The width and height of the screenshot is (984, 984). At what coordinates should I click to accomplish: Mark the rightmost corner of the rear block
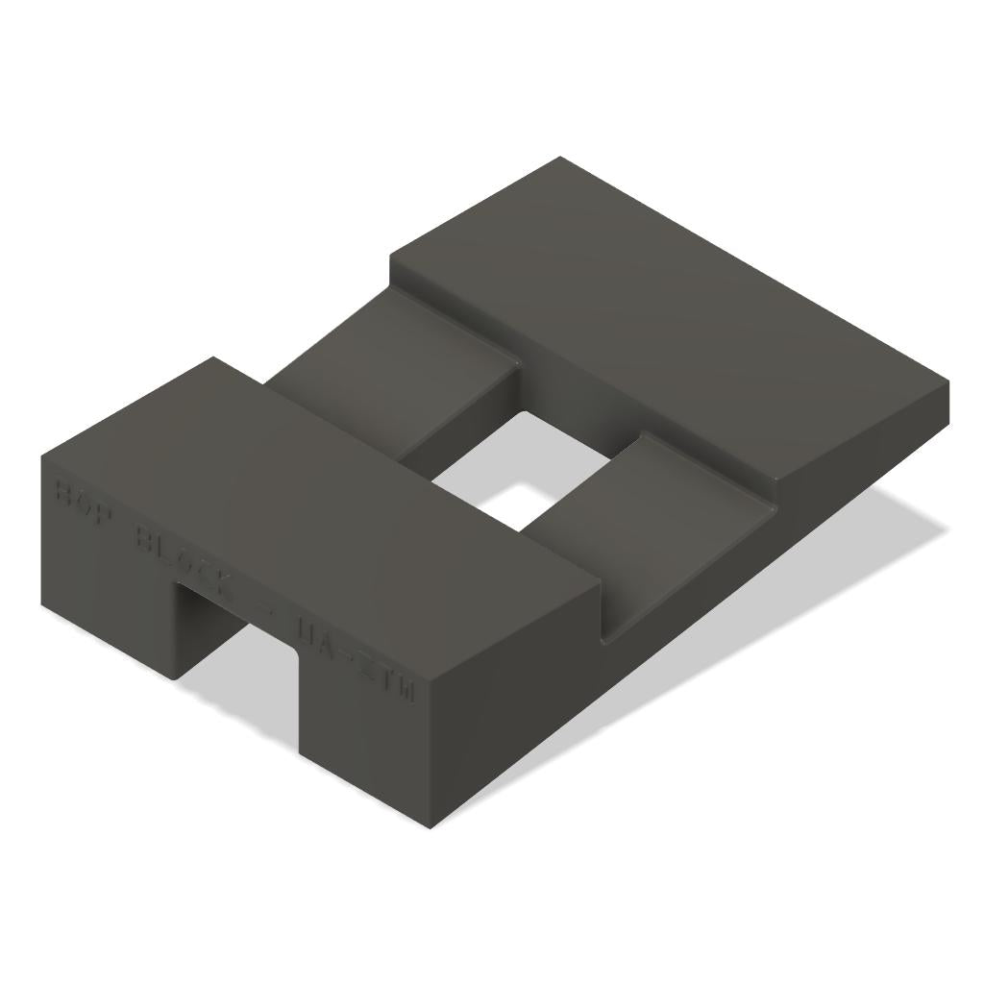(x=947, y=384)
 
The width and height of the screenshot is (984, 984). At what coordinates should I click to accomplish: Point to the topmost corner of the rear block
(x=560, y=158)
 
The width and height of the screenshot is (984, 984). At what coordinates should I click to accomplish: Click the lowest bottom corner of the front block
(x=430, y=827)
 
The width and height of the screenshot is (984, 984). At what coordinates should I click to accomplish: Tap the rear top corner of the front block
(x=213, y=358)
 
